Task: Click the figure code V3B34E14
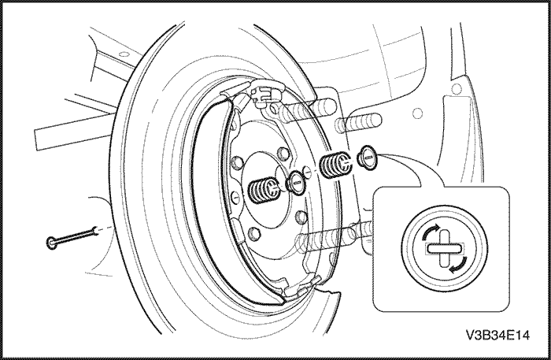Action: (497, 335)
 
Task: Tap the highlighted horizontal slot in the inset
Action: (445, 249)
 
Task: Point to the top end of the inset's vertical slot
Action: (445, 230)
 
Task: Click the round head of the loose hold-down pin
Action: (51, 243)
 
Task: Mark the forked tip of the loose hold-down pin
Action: (95, 230)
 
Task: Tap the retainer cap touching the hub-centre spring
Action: (295, 183)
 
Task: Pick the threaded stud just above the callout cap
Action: (359, 123)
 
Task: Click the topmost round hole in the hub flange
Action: (283, 154)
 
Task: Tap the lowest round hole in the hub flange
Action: (254, 233)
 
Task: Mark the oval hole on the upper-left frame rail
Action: (123, 54)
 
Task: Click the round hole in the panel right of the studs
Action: (417, 113)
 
